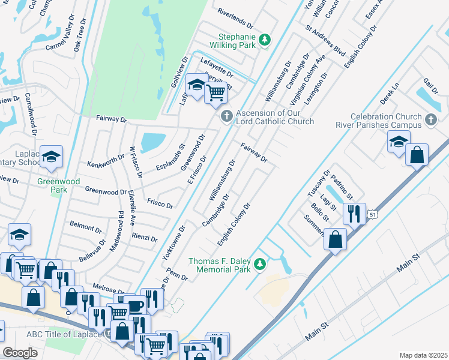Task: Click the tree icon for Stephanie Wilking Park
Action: click(264, 41)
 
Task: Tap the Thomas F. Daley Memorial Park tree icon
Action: click(260, 264)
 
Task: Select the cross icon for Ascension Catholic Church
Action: click(226, 116)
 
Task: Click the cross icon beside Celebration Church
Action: click(430, 121)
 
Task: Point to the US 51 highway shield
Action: click(373, 215)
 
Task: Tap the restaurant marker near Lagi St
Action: click(354, 214)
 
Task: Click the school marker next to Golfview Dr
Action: click(196, 85)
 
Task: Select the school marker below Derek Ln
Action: click(398, 142)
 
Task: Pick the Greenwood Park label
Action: click(52, 185)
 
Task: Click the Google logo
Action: click(20, 353)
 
